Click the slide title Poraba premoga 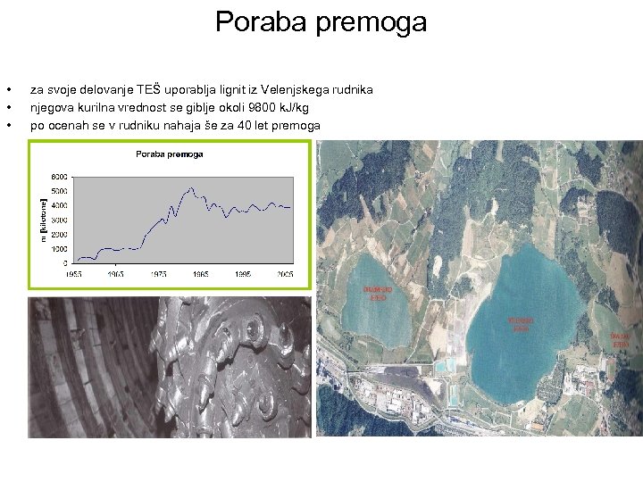pyautogui.click(x=321, y=21)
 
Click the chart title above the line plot pyautogui.click(x=169, y=154)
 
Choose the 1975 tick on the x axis pyautogui.click(x=159, y=274)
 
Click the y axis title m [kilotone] pyautogui.click(x=42, y=219)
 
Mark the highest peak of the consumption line pyautogui.click(x=191, y=188)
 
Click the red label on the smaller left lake pyautogui.click(x=376, y=295)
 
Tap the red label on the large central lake pyautogui.click(x=521, y=323)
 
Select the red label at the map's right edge pyautogui.click(x=620, y=339)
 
